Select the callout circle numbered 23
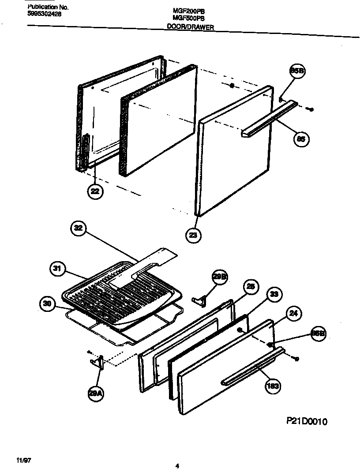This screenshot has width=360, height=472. [x=193, y=235]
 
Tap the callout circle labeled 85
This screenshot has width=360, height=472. [x=301, y=139]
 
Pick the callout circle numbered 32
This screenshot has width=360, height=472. [x=78, y=229]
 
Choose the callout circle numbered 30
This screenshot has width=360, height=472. [x=47, y=303]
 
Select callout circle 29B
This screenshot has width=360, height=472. [x=220, y=277]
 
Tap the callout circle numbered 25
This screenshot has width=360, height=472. [x=250, y=287]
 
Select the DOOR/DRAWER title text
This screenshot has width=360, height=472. [x=190, y=39]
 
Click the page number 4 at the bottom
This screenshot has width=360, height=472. [x=177, y=466]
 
